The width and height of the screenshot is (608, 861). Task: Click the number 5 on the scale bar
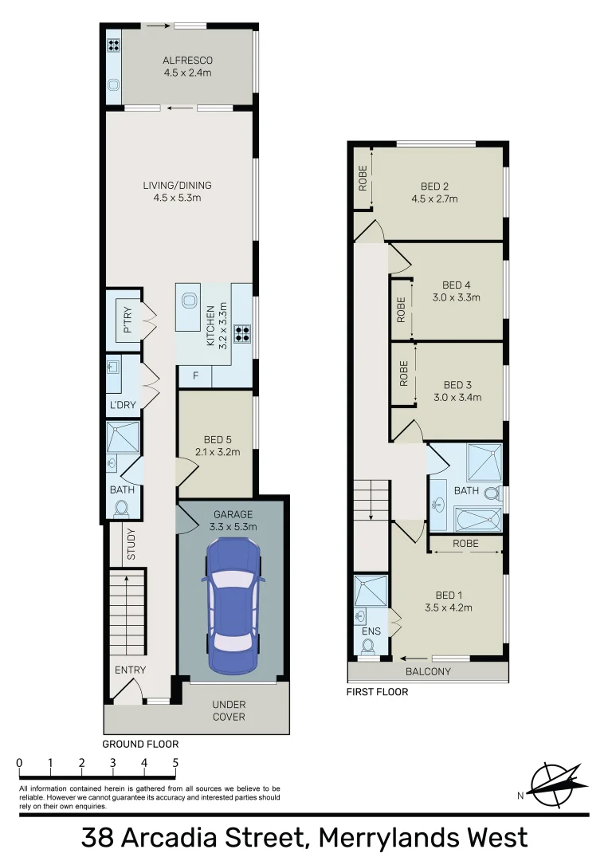pos(175,763)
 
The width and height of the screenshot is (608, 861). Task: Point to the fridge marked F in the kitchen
pos(195,375)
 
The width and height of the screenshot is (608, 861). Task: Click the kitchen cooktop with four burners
pos(242,334)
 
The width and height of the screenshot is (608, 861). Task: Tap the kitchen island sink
pos(190,301)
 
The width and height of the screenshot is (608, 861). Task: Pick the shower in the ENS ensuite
pos(371,590)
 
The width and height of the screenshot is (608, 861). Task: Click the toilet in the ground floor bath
pos(123,508)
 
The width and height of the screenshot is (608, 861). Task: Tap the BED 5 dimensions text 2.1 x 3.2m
pos(217,453)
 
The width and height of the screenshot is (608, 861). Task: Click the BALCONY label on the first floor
pos(428,671)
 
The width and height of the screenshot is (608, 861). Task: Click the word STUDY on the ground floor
pos(131,545)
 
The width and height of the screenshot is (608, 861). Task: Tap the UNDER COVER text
pos(229,710)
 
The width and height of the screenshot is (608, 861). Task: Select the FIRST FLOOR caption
pos(377,692)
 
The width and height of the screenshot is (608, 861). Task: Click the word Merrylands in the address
pos(382,838)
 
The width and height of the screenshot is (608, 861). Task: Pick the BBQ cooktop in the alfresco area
pos(113,45)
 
